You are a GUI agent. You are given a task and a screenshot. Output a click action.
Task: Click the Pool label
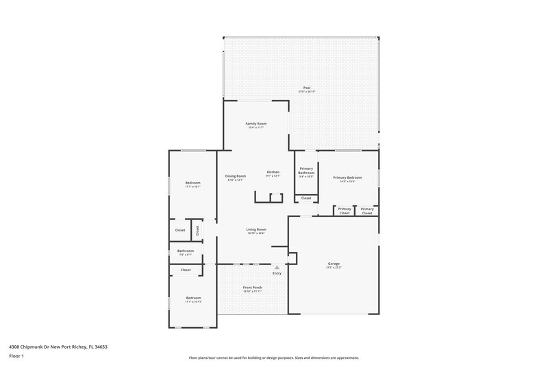click(307, 88)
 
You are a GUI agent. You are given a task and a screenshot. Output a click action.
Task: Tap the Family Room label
click(256, 123)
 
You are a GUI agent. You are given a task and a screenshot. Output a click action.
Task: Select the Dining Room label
click(236, 176)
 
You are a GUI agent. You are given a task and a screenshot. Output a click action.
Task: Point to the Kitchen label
click(273, 172)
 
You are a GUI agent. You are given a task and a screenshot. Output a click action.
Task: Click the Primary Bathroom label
click(306, 171)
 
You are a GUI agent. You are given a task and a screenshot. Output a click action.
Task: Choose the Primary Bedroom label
click(347, 177)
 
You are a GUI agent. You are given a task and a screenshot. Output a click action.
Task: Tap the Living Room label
click(256, 229)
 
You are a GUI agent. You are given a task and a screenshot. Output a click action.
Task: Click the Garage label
click(334, 263)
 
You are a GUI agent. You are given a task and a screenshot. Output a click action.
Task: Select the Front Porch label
click(253, 287)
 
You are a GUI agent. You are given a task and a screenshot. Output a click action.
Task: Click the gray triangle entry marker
click(277, 268)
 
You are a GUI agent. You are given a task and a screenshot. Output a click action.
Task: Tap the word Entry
click(277, 274)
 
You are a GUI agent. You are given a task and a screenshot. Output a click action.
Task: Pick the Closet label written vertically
click(197, 230)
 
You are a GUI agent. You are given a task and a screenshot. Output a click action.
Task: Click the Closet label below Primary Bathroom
click(306, 199)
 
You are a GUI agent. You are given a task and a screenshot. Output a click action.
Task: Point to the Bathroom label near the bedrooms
click(186, 251)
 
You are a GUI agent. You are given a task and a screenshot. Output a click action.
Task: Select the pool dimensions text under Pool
click(307, 92)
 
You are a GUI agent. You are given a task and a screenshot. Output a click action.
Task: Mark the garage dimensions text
click(334, 267)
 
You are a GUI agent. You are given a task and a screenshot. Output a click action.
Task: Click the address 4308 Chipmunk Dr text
click(58, 347)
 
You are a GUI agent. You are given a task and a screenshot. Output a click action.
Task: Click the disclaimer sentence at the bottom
click(274, 357)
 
